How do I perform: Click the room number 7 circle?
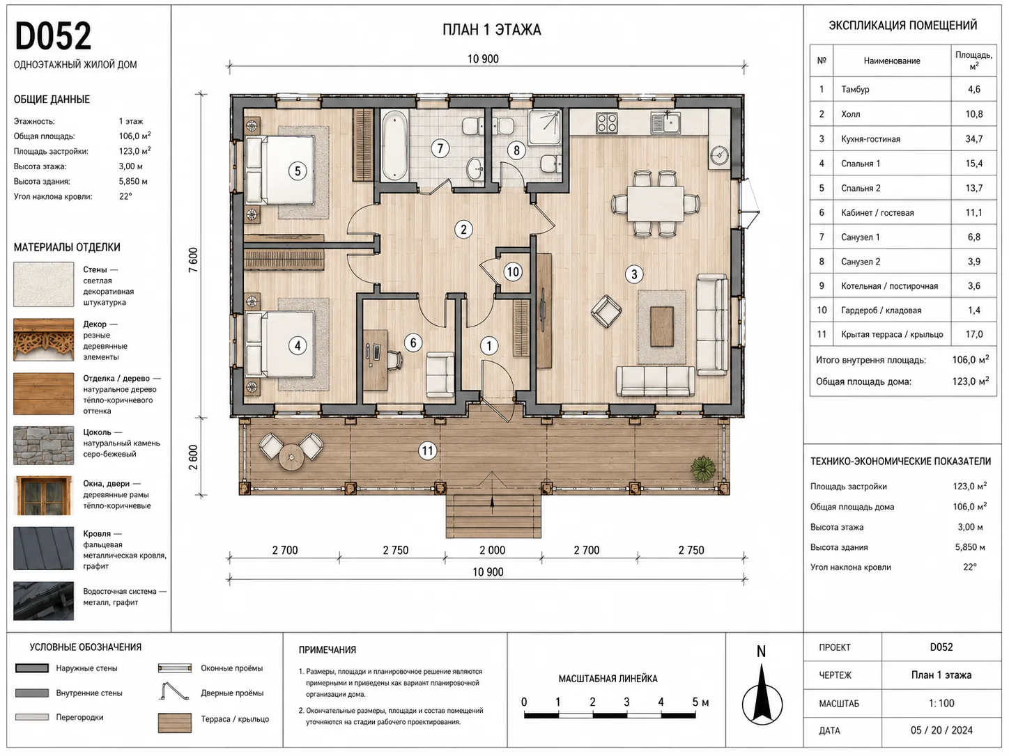(x=440, y=148)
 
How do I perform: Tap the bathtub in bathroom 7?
(x=395, y=145)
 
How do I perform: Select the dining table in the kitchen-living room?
(x=656, y=203)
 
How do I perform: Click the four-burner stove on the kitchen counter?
(x=607, y=123)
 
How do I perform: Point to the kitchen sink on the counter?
(x=665, y=123)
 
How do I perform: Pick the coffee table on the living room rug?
(x=662, y=326)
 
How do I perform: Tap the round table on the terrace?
(x=291, y=457)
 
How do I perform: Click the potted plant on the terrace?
(x=703, y=468)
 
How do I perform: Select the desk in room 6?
(x=376, y=360)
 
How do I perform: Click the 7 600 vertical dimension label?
(x=193, y=260)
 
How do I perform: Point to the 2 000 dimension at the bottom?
(x=493, y=550)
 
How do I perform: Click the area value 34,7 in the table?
(x=973, y=139)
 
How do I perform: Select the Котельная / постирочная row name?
(x=889, y=286)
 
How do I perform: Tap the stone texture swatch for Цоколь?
(x=44, y=446)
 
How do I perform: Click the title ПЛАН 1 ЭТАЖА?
(x=491, y=30)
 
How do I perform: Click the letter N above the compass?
(x=761, y=652)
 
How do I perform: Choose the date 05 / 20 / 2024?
(x=941, y=730)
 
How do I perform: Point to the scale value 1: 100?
(x=941, y=703)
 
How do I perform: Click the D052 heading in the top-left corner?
(x=54, y=36)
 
